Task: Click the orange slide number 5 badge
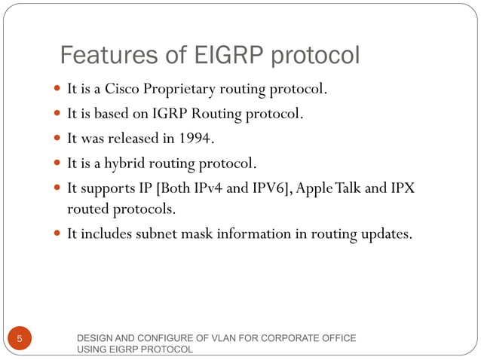coord(20,339)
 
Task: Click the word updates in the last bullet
coord(384,233)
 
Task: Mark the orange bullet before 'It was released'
coord(58,139)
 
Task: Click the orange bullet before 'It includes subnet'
coord(58,234)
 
